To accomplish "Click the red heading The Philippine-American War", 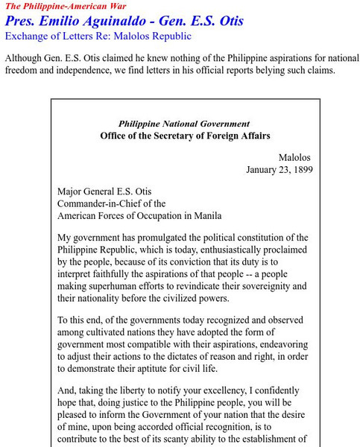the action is (57, 6).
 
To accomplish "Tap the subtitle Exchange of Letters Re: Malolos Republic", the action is (98, 36).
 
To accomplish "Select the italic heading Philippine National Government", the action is (184, 124).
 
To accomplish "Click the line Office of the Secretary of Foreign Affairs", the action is (184, 136).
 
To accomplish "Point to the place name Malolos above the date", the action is (295, 157).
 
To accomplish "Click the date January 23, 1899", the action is (279, 170).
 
